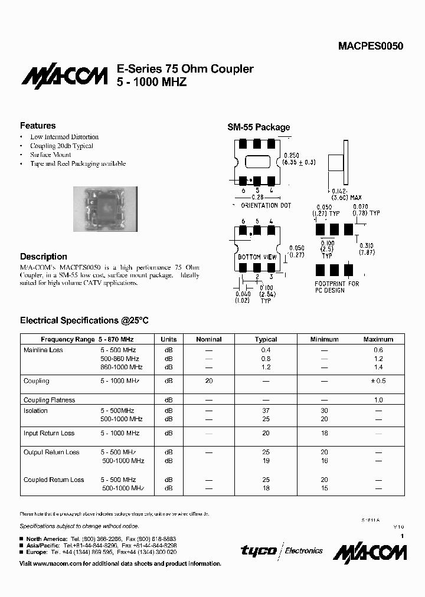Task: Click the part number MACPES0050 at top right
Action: point(371,46)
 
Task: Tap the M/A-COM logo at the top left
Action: point(64,77)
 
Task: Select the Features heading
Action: point(38,126)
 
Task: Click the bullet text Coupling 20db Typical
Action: point(61,146)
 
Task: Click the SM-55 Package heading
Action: point(259,127)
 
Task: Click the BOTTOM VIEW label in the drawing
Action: point(257,257)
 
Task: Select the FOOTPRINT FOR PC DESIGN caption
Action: point(336,287)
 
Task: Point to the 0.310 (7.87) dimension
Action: point(367,249)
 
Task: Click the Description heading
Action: point(44,257)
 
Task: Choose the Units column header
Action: point(169,339)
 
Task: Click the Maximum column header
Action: point(378,339)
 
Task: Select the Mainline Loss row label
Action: point(43,350)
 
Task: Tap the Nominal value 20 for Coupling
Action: point(208,381)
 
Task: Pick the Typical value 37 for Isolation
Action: point(266,411)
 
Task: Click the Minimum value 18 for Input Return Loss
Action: point(324,433)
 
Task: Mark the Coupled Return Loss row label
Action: point(54,480)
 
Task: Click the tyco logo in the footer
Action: point(259,550)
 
